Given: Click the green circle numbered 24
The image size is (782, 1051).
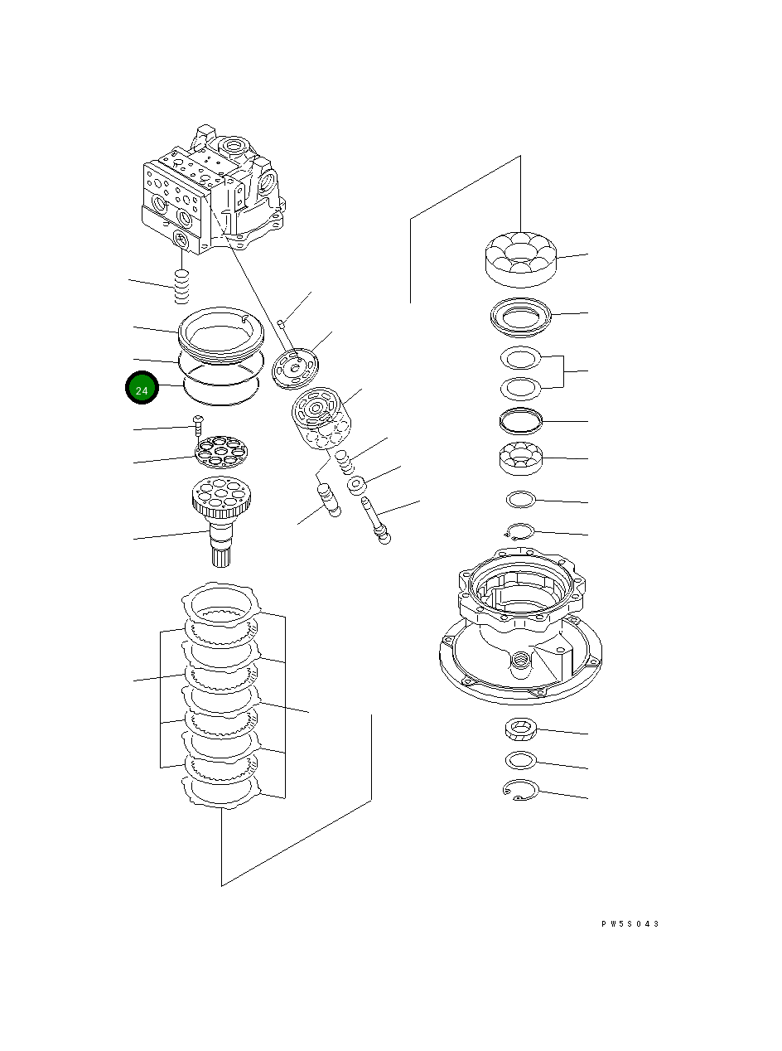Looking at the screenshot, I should tap(142, 389).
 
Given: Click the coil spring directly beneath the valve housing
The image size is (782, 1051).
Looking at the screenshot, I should tap(181, 288).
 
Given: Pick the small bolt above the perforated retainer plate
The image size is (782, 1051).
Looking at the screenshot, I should tap(197, 425).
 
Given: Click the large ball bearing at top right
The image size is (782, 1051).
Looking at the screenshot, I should tap(520, 255).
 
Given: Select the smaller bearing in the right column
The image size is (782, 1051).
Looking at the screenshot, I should tap(520, 459).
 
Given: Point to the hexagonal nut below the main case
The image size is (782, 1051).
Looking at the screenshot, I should tap(519, 730).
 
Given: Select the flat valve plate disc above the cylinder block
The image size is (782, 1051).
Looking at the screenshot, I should tap(296, 366).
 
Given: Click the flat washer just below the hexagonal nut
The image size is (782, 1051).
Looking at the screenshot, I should tap(519, 760).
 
